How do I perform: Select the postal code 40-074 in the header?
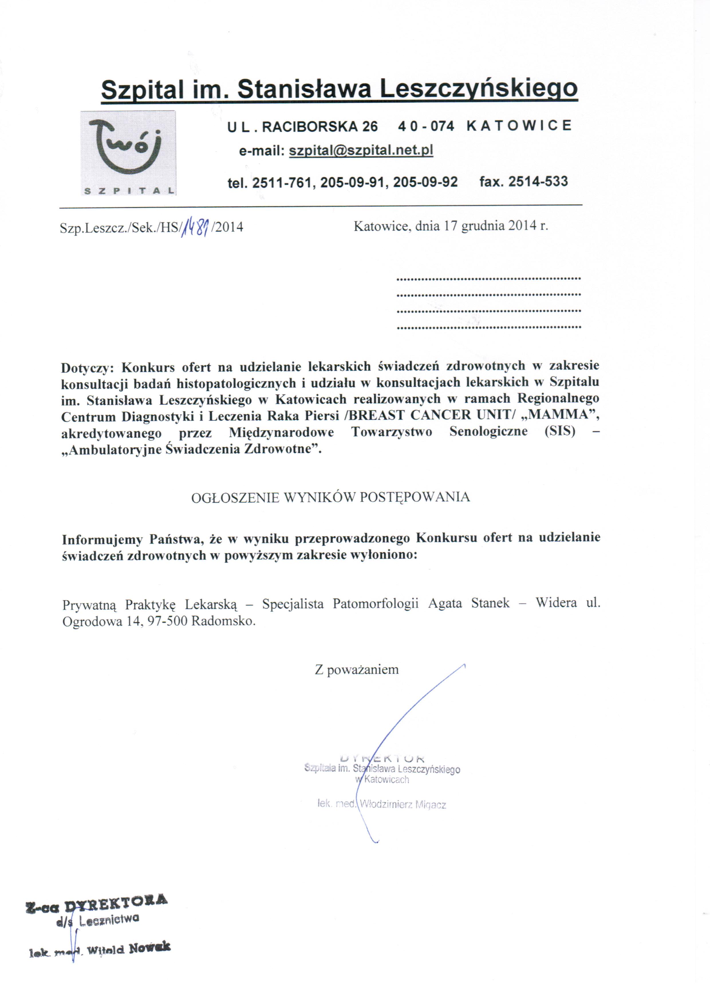(426, 126)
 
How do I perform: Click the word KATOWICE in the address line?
(519, 126)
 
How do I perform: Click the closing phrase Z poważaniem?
(356, 669)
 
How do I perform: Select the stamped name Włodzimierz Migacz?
(403, 805)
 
